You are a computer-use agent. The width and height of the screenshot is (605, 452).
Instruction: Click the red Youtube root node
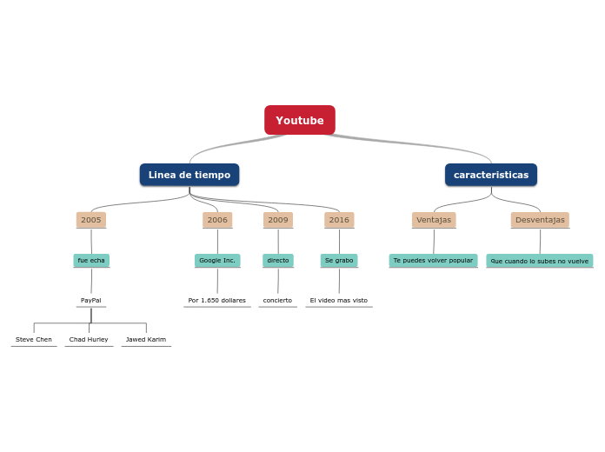300,120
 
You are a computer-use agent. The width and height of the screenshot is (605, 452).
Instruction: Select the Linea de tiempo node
189,175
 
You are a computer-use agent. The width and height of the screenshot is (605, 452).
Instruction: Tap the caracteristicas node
491,175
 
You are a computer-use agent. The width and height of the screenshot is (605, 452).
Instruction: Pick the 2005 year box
91,220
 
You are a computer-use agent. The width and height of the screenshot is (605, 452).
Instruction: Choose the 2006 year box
217,220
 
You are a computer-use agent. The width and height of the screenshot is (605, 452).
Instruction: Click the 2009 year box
278,220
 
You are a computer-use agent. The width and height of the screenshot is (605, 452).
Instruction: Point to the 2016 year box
339,220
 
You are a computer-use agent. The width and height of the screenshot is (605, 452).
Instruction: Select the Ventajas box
434,220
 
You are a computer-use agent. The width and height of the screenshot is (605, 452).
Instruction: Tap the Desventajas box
540,220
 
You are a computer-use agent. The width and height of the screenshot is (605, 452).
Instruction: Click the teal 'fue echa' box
91,260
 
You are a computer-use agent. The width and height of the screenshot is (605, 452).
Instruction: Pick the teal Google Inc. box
217,260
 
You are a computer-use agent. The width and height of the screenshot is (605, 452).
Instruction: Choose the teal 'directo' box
278,260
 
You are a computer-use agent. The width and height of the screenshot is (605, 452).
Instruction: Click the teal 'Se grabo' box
339,260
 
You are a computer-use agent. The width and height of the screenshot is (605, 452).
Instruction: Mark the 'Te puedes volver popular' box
433,260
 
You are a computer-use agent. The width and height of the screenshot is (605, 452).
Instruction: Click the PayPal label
91,300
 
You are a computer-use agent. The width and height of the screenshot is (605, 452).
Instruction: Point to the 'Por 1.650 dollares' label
217,300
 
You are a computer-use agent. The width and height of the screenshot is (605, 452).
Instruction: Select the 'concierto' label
278,300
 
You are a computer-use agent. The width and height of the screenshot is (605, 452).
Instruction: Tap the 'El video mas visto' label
339,300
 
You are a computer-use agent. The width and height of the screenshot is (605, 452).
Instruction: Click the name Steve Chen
34,339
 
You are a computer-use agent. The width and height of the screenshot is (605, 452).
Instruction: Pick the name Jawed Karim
146,339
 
